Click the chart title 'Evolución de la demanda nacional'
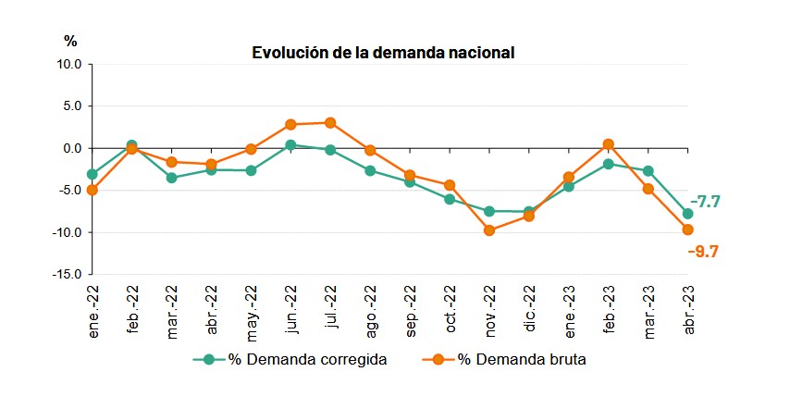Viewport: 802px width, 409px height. pos(383,53)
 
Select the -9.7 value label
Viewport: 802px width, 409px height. pos(704,251)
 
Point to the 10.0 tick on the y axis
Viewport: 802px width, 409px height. pos(70,65)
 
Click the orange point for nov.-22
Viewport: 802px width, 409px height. pos(489,229)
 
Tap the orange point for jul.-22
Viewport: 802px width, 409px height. pos(330,122)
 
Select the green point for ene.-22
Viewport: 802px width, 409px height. pos(93,174)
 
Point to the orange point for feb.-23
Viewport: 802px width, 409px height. pos(609,143)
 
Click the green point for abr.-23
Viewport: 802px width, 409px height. pos(688,214)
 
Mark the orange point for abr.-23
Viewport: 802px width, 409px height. pos(688,229)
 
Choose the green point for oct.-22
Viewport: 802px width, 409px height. pos(450,199)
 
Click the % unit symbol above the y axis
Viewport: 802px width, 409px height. pos(70,41)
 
